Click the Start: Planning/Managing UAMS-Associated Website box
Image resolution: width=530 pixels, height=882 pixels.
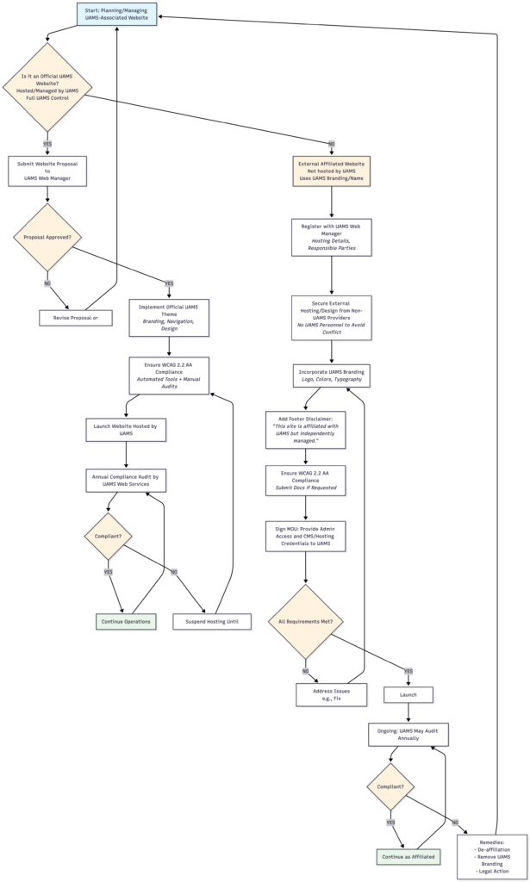pos(115,14)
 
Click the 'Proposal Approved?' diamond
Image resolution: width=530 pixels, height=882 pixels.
pos(47,237)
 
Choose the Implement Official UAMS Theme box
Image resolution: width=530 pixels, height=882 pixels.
pos(169,317)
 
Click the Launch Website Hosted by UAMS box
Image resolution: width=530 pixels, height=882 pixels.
pos(126,429)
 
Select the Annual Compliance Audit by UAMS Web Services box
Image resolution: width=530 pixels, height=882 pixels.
pos(126,480)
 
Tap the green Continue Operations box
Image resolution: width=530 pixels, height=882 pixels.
pos(126,620)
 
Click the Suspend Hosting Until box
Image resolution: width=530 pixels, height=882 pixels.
pos(212,620)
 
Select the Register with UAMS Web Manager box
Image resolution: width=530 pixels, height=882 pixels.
pos(331,236)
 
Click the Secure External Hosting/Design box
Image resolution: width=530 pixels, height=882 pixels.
pos(331,319)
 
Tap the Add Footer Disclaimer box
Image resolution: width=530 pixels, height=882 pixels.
pos(306,430)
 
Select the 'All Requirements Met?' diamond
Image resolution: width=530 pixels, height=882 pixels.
pos(306,620)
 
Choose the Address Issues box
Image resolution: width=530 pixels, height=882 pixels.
pos(331,694)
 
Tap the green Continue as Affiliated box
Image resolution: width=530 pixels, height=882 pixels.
pos(408,857)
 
